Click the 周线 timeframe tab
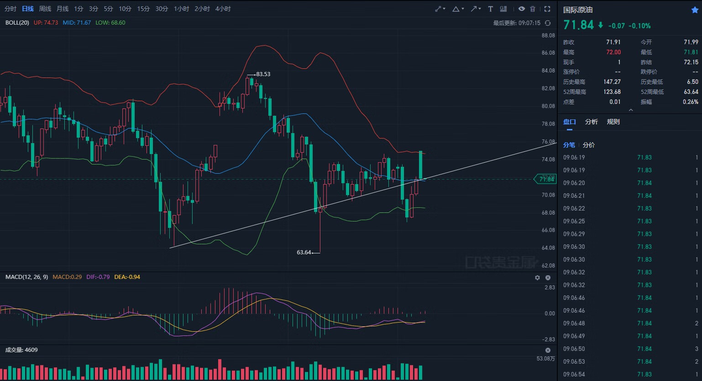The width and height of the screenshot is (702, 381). click(45, 9)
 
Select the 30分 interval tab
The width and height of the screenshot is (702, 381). click(162, 9)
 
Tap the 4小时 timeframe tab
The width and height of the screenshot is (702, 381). click(223, 9)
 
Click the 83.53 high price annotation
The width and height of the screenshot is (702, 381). click(263, 74)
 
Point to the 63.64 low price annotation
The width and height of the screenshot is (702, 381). click(304, 252)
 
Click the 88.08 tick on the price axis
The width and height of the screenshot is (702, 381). click(548, 36)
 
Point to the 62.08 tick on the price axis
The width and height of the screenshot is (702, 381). click(548, 266)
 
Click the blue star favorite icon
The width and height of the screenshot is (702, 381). click(695, 10)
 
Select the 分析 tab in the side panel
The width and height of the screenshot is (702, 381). click(591, 122)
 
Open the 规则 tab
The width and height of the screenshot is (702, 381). click(613, 122)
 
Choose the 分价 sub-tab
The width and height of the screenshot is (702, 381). click(589, 145)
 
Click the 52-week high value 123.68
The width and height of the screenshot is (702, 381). click(612, 92)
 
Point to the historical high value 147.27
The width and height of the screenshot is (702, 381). click(612, 82)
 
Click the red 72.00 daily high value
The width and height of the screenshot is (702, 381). click(613, 52)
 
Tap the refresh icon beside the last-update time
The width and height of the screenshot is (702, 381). click(548, 23)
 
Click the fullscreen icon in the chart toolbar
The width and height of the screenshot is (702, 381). click(547, 9)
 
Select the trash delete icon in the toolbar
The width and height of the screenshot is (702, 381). click(533, 9)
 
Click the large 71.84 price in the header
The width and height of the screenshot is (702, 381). click(578, 25)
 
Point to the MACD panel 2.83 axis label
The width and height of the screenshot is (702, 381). click(549, 288)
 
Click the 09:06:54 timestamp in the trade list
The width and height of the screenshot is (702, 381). click(574, 374)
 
